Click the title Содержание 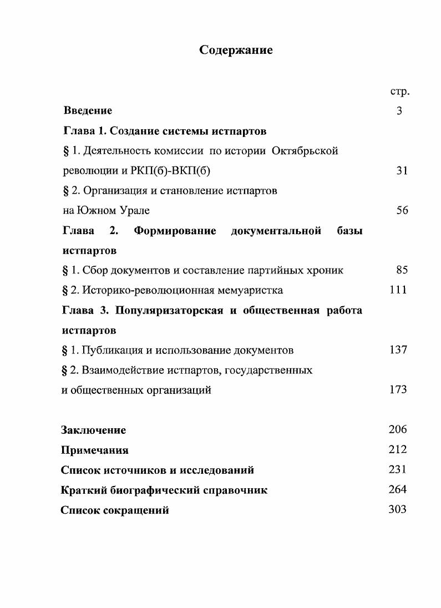(236, 50)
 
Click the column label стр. (400, 92)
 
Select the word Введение (88, 111)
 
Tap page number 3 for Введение (399, 111)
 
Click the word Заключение (94, 430)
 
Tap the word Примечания (95, 450)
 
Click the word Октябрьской (305, 151)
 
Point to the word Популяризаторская (169, 310)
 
